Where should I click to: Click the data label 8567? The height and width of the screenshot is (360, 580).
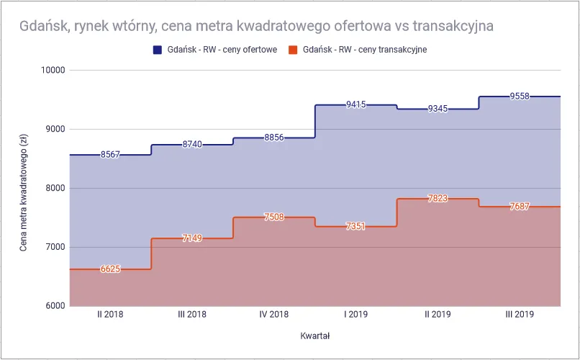tap(110, 155)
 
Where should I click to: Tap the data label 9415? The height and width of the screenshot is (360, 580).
tap(355, 104)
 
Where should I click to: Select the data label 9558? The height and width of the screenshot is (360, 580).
tap(519, 96)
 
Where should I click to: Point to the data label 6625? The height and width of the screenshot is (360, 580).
tap(110, 269)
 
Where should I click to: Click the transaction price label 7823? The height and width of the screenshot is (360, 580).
tap(438, 199)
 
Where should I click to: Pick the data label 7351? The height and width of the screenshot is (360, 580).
tap(355, 227)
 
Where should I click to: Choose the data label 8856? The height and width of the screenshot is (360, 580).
tap(273, 138)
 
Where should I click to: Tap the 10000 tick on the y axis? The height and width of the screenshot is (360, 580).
tap(52, 71)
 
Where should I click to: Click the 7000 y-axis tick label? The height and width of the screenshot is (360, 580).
tap(55, 247)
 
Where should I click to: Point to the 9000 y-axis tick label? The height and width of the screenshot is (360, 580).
tap(55, 130)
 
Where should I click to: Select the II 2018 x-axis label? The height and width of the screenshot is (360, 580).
tap(110, 315)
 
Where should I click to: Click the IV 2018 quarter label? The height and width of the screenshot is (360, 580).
tap(273, 315)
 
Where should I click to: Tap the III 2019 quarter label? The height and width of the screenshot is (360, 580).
tap(519, 315)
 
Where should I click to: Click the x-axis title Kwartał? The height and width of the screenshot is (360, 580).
tap(314, 336)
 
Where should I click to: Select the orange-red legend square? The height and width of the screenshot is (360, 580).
tap(292, 50)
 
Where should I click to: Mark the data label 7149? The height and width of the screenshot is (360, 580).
tap(192, 238)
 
